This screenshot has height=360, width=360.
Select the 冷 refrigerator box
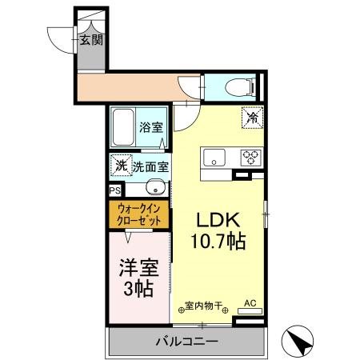[x=252, y=117]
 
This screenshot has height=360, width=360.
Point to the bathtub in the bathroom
[x=123, y=126]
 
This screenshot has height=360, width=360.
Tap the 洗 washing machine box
[x=120, y=166]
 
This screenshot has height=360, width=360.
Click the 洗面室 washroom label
[x=150, y=167]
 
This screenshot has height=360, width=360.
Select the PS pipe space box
[x=114, y=191]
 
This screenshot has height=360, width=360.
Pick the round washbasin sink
[x=156, y=190]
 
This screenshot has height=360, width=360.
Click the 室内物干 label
[x=204, y=305]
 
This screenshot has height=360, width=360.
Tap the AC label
[x=249, y=302]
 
